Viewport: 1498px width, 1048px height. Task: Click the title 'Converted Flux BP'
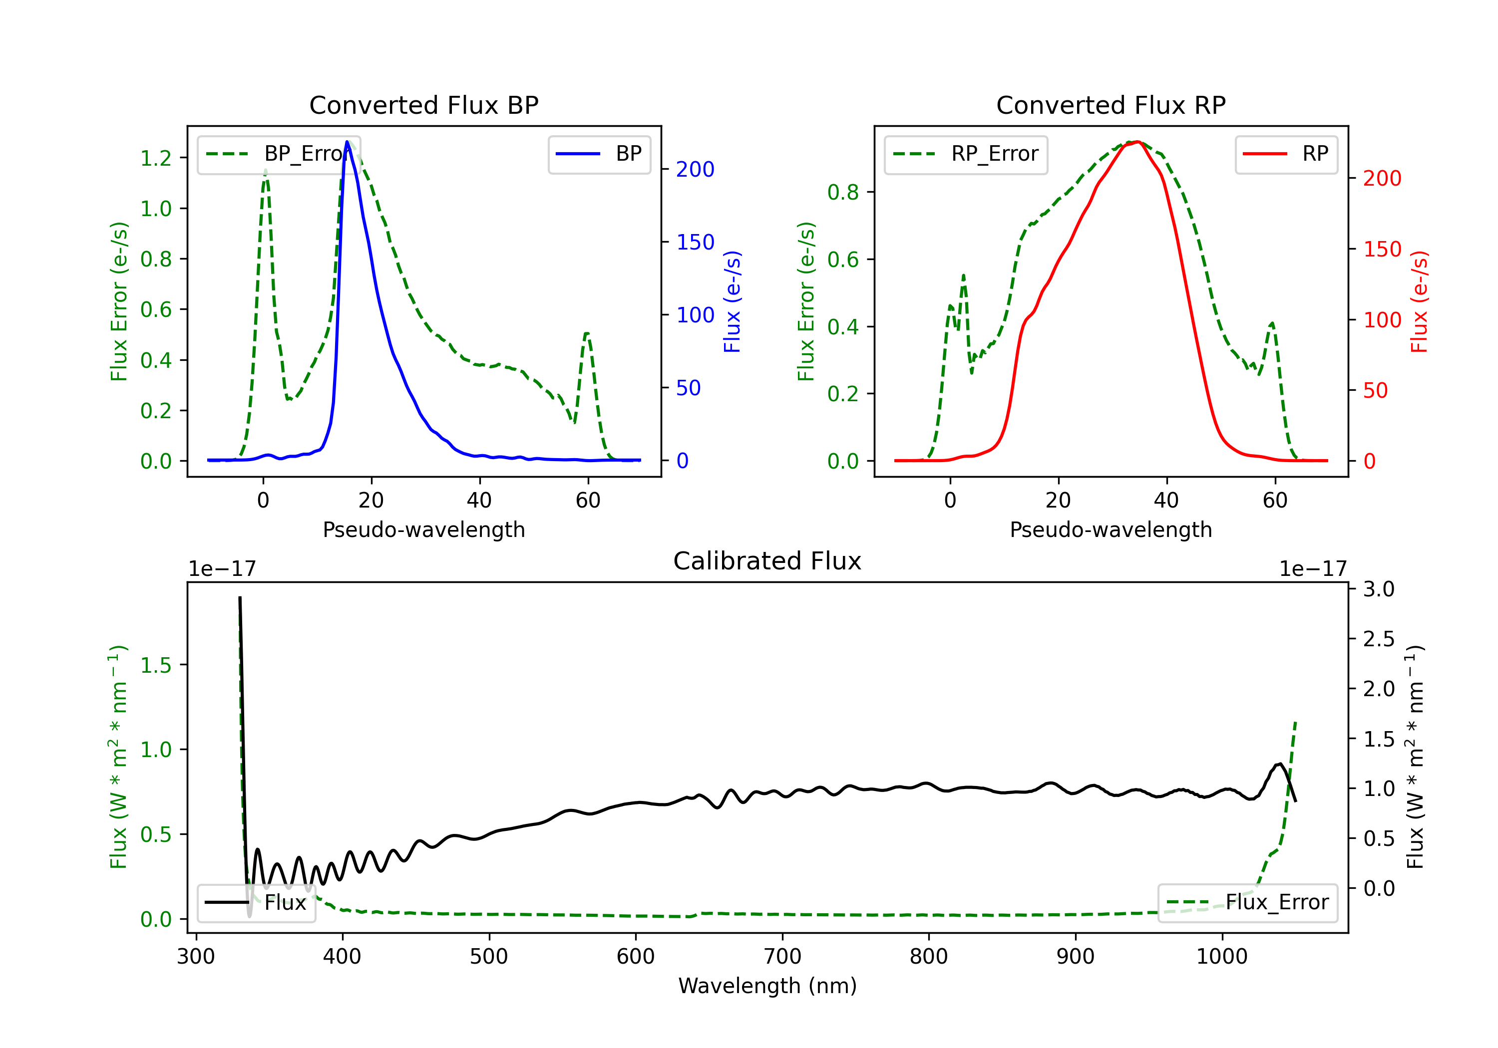pyautogui.click(x=423, y=105)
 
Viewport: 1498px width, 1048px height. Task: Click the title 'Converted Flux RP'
pyautogui.click(x=1111, y=105)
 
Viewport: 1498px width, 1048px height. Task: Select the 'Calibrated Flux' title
pyautogui.click(x=767, y=561)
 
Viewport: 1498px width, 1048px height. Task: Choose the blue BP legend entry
pyautogui.click(x=599, y=154)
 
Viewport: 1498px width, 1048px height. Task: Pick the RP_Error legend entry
pyautogui.click(x=966, y=154)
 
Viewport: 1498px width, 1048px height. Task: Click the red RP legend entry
pyautogui.click(x=1286, y=154)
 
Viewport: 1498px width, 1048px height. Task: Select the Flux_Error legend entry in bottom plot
pyautogui.click(x=1247, y=903)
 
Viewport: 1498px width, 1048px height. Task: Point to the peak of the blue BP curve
pyautogui.click(x=347, y=142)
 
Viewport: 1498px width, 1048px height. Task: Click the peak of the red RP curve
pyautogui.click(x=1137, y=142)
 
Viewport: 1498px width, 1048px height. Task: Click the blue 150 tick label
pyautogui.click(x=696, y=243)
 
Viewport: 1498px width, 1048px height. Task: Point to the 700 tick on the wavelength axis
pyautogui.click(x=782, y=957)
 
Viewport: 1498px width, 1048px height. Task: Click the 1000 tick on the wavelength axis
pyautogui.click(x=1222, y=957)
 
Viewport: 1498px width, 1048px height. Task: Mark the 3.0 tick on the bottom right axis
pyautogui.click(x=1379, y=589)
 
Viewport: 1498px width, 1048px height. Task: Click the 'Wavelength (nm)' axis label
pyautogui.click(x=767, y=986)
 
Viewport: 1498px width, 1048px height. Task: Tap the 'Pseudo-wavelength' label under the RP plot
pyautogui.click(x=1111, y=529)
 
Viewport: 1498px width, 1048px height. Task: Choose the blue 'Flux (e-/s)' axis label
pyautogui.click(x=732, y=301)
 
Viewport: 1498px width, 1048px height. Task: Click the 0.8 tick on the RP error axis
pyautogui.click(x=843, y=193)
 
